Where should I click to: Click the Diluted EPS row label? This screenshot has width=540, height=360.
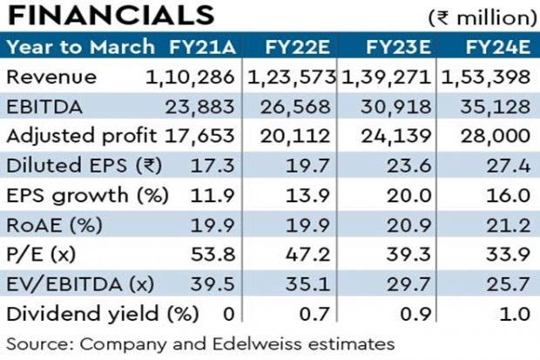66,166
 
